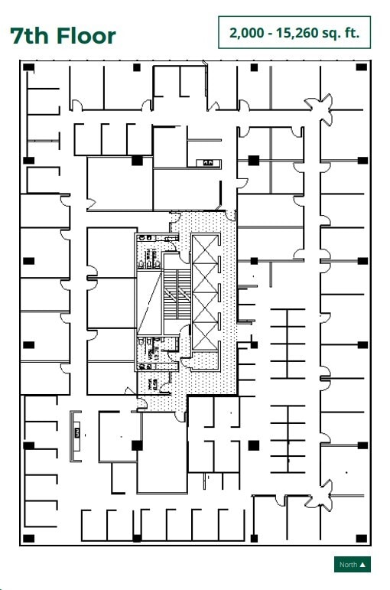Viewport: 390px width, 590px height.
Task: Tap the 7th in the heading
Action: tap(29, 35)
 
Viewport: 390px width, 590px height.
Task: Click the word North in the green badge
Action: tap(348, 565)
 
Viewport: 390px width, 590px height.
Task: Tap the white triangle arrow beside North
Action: tap(362, 565)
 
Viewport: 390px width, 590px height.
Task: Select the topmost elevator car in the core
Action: tap(204, 249)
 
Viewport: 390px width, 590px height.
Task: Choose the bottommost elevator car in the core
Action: tap(204, 336)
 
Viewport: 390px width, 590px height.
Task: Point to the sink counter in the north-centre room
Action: tap(207, 162)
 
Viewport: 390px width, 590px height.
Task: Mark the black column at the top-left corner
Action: tap(28, 67)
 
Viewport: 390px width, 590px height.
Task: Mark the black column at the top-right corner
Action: tap(361, 67)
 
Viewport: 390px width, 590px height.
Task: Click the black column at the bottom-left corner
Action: tap(28, 538)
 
